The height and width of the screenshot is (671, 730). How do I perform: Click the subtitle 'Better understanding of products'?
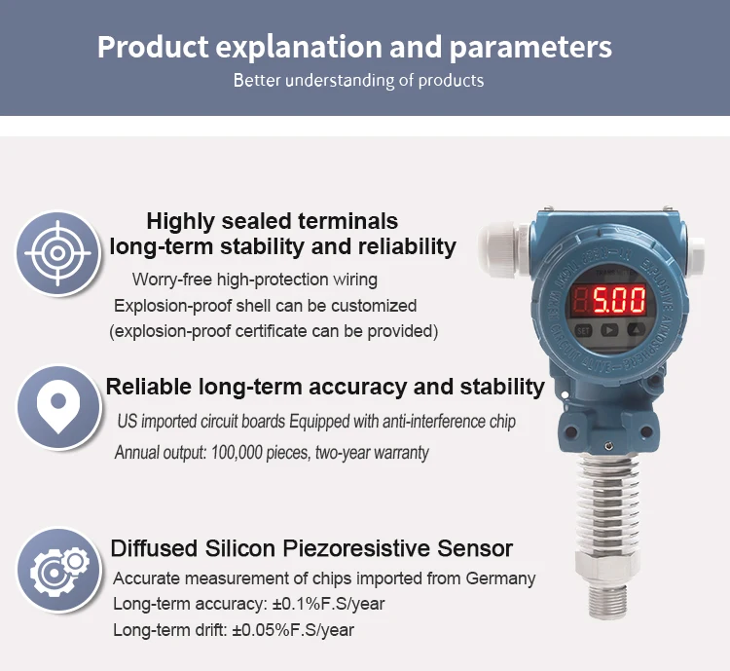[358, 80]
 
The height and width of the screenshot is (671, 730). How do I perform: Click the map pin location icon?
[59, 408]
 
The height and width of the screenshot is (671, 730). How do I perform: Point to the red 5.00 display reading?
[619, 298]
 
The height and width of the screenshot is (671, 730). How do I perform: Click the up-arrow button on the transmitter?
[635, 330]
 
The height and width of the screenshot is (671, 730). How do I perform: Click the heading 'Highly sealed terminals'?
[272, 221]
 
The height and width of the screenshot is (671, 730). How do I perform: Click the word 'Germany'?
[500, 578]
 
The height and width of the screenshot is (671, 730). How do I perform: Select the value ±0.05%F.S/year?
[292, 630]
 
